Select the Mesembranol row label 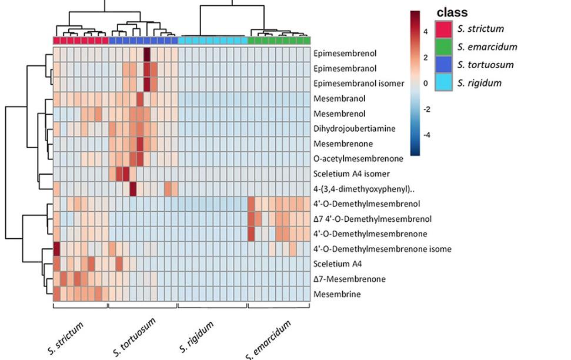point(339,99)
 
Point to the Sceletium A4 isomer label point(352,174)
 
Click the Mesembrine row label point(337,294)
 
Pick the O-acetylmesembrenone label point(358,158)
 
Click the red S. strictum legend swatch point(443,29)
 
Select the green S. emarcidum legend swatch point(443,47)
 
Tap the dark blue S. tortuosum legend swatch point(443,65)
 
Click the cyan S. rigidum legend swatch point(443,82)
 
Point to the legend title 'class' point(452,12)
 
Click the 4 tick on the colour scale point(425,32)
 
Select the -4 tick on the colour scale point(426,135)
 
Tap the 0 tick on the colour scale point(425,84)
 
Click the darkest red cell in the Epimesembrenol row point(147,55)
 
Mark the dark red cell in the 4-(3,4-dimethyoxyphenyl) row point(133,189)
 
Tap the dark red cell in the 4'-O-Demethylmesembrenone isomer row point(57,249)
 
